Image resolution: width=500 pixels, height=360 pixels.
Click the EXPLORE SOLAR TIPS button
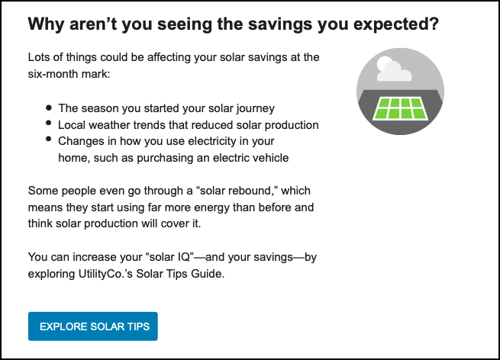(92, 326)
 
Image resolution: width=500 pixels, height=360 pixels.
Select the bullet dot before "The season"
(50, 108)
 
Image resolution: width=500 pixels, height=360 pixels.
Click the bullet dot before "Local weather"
(50, 124)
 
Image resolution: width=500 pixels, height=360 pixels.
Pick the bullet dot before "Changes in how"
(50, 140)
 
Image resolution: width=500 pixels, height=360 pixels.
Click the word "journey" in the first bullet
(254, 108)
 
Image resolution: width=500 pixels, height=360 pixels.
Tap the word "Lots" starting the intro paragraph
(39, 58)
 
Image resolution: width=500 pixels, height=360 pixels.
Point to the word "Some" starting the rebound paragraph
(41, 190)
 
